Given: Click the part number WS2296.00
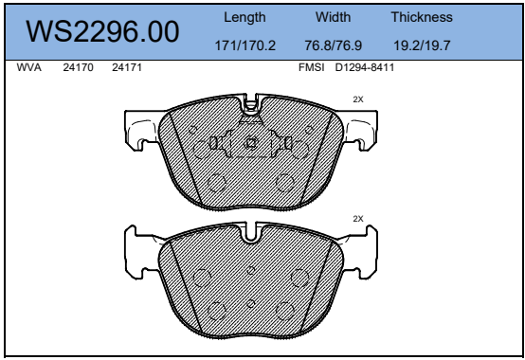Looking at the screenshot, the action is coord(102,31).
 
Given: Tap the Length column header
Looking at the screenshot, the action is coord(244,17).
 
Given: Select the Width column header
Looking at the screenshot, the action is coord(334,17).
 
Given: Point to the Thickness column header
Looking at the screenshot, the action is coord(422,17).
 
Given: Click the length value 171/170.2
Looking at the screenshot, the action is coord(245,45).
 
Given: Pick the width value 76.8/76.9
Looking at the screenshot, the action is coord(334,45).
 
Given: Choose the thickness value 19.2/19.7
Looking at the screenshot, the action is coord(422,45).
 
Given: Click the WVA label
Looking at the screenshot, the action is coord(29,67).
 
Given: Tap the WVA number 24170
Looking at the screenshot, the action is coord(78,67).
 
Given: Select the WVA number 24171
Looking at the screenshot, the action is coord(127,67).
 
